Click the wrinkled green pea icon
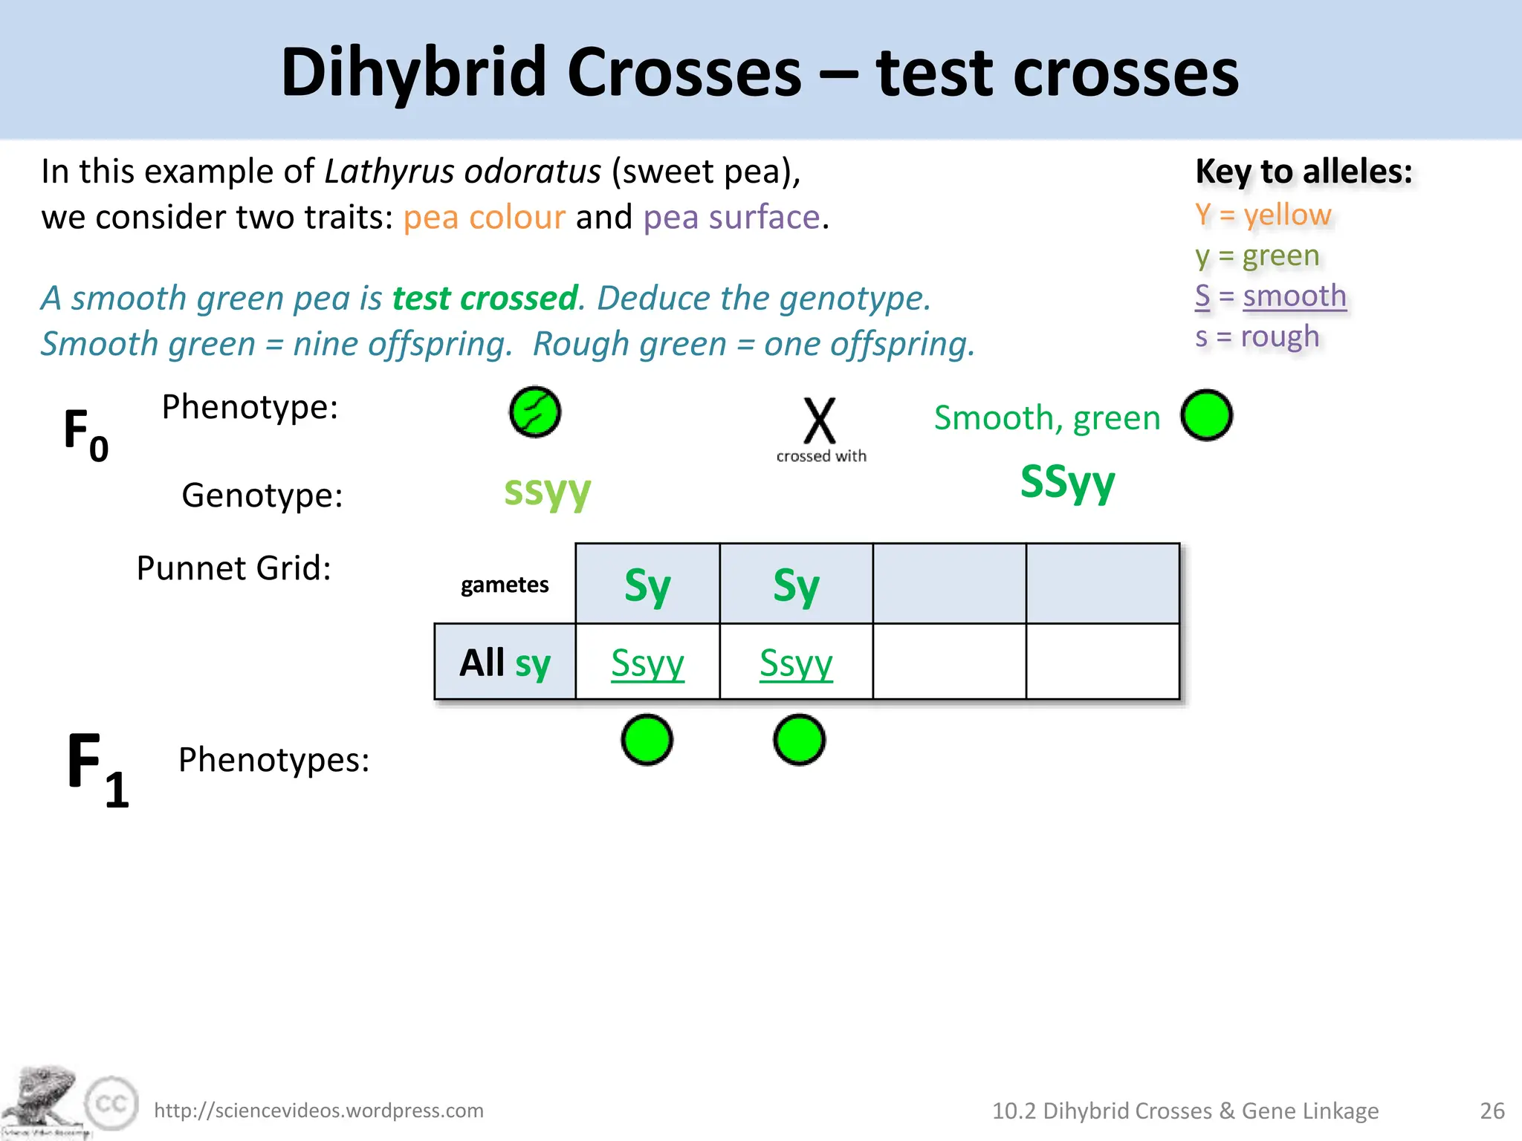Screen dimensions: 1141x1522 point(535,412)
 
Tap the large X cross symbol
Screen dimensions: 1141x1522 point(820,420)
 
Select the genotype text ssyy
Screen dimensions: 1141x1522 point(547,490)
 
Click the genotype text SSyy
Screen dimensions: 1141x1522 point(1067,482)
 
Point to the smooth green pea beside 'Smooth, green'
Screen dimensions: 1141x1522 point(1206,415)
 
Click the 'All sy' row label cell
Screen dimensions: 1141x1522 point(505,662)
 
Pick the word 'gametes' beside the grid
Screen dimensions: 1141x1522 point(505,585)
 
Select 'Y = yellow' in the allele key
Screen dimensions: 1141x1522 point(1263,215)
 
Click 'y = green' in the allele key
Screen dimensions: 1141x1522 point(1257,256)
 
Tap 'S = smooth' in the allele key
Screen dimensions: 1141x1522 point(1270,296)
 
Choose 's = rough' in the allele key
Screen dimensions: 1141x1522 point(1257,337)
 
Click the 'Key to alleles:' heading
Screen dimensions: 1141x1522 point(1304,172)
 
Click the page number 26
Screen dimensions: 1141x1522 point(1492,1111)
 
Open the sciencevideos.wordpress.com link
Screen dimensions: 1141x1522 point(319,1111)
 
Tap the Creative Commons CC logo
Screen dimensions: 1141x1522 point(112,1103)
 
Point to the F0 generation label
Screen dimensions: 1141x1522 point(85,434)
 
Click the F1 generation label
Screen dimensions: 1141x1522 point(97,769)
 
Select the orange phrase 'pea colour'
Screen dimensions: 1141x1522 point(484,218)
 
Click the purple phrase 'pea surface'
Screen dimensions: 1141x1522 point(731,218)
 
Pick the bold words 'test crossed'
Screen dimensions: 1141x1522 point(485,299)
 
